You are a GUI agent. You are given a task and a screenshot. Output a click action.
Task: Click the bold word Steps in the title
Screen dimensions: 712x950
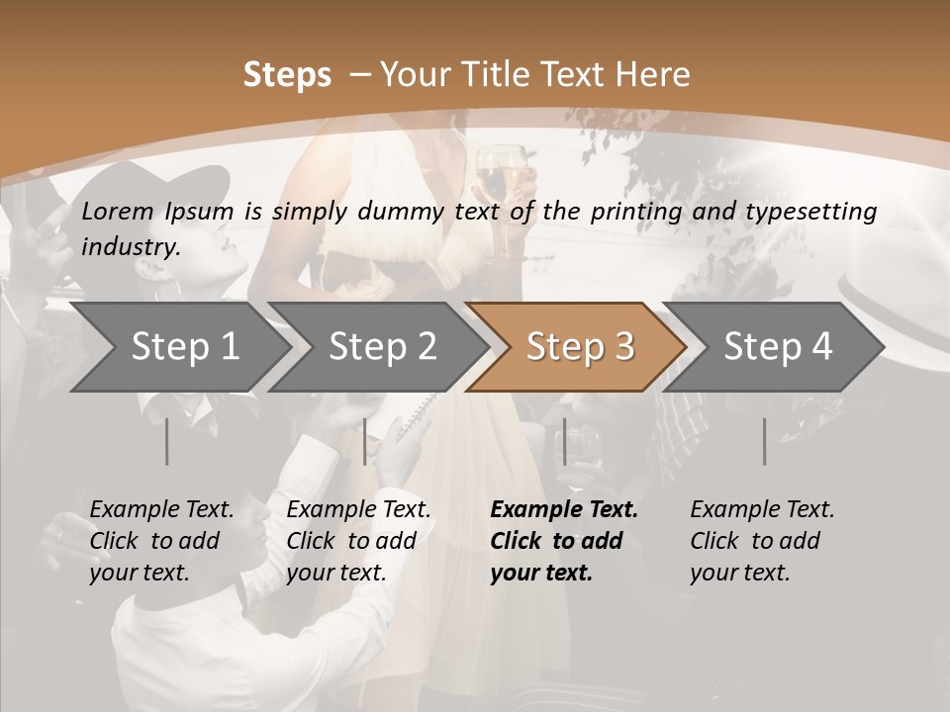[287, 75]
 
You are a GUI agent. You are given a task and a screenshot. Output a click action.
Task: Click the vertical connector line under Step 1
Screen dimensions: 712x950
[166, 441]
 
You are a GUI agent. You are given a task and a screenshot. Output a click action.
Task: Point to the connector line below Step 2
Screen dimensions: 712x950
[364, 441]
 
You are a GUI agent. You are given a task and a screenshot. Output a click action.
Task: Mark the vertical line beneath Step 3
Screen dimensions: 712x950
[564, 441]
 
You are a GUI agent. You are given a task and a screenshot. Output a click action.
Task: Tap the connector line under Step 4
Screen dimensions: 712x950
[764, 441]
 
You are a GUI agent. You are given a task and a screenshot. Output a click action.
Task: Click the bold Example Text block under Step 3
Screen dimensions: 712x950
[563, 541]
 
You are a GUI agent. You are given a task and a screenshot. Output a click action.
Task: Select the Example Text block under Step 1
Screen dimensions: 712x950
[161, 541]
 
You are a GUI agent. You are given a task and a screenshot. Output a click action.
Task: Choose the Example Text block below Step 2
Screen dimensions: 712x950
[358, 541]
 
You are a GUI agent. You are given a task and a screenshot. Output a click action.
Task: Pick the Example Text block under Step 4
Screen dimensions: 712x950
[762, 541]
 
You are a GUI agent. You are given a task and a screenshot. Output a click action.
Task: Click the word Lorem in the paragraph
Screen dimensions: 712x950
[117, 211]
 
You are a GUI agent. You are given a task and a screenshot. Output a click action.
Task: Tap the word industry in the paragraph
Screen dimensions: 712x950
[130, 247]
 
